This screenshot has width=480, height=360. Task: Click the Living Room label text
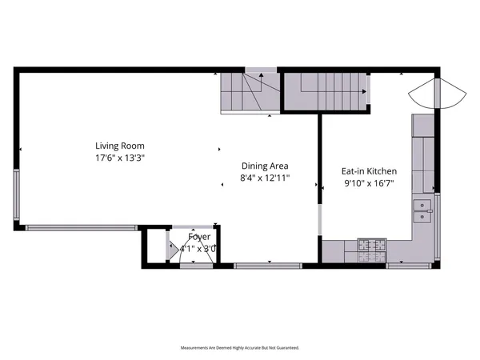[120, 146]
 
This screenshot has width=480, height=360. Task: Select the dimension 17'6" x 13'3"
[120, 158]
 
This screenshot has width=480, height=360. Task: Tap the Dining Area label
[265, 166]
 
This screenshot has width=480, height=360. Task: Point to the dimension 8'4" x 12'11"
[265, 178]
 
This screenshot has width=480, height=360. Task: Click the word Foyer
[199, 237]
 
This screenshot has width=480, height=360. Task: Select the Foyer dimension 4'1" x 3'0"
[198, 248]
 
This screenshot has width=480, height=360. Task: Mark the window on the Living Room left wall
[17, 196]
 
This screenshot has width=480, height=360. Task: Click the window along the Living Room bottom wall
[80, 228]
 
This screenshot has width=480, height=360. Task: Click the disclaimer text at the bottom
[240, 349]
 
